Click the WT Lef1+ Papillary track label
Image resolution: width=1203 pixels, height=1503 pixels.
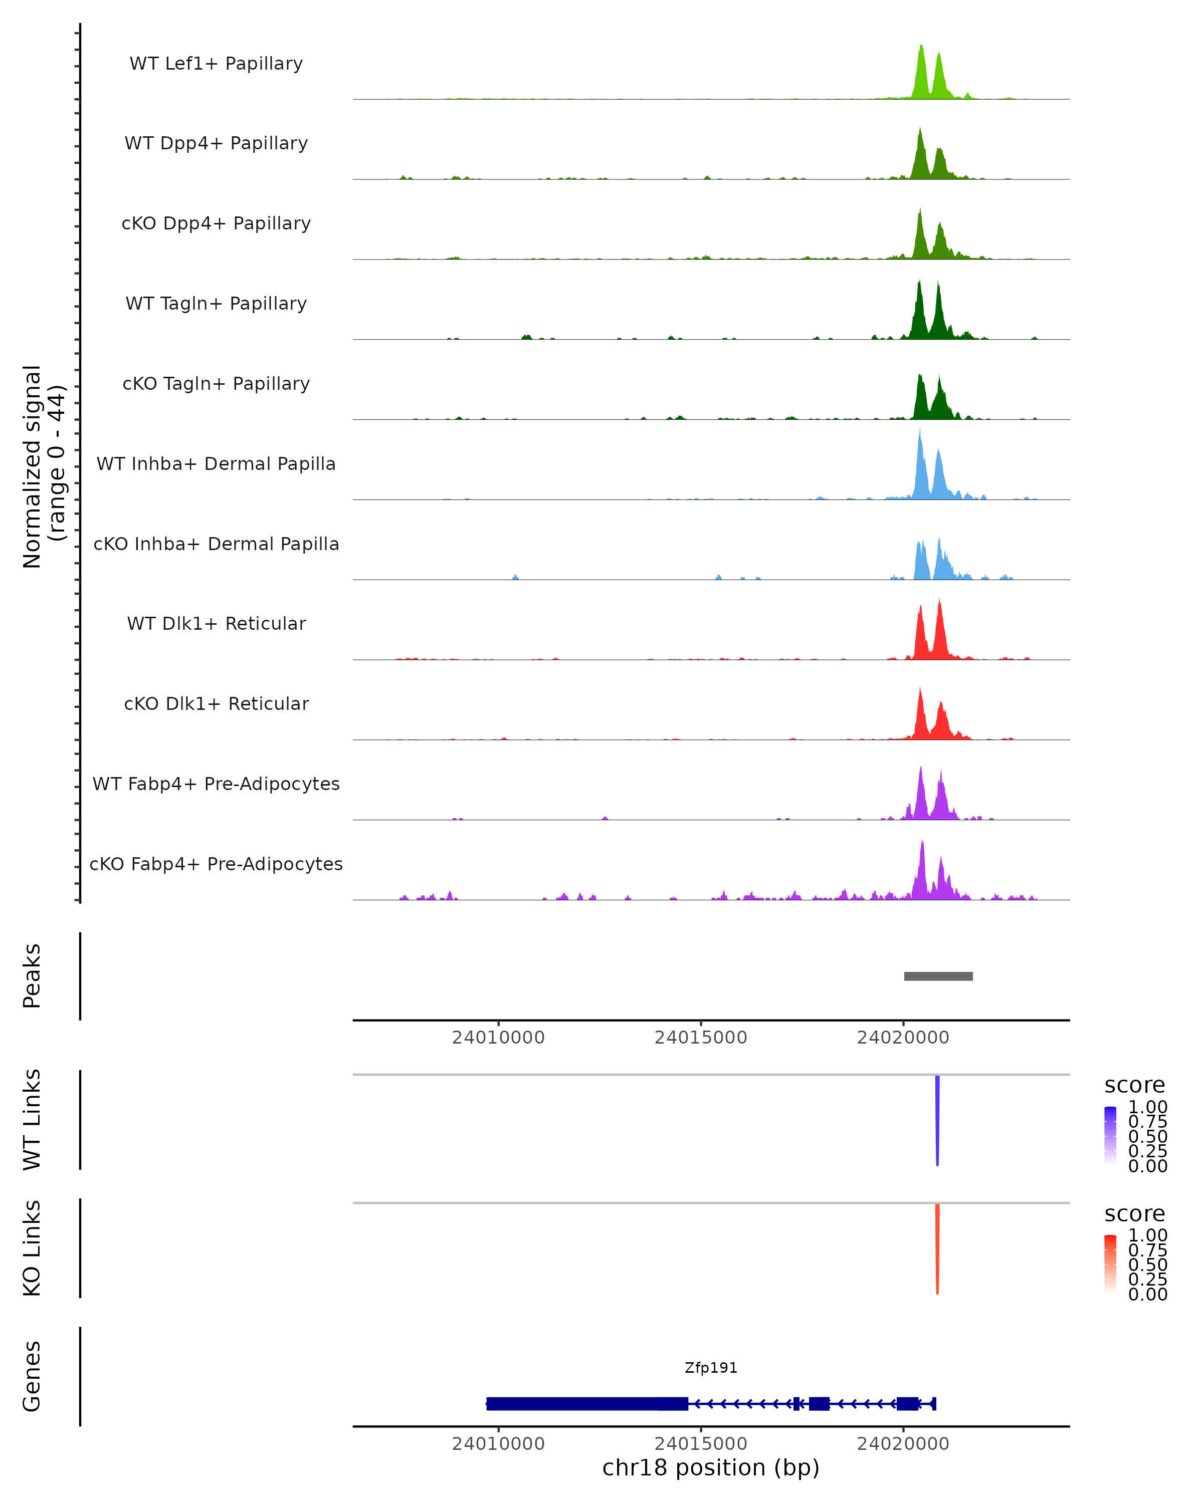[x=216, y=64]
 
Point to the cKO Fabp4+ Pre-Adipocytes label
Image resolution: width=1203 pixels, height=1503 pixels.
[x=216, y=864]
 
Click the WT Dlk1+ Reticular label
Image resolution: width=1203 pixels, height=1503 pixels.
[x=216, y=623]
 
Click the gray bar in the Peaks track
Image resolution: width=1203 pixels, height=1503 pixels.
[x=938, y=976]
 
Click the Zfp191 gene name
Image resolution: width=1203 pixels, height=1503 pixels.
[x=711, y=1368]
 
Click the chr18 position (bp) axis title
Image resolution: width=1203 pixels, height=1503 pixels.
[x=711, y=1467]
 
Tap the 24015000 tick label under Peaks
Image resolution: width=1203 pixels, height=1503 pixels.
[x=700, y=1038]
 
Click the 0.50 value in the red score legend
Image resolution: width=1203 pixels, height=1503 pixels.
[x=1147, y=1265]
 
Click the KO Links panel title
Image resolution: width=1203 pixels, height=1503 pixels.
[x=32, y=1248]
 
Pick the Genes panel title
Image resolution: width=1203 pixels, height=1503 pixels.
[x=32, y=1376]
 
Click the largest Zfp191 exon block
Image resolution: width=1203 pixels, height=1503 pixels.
[x=572, y=1403]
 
